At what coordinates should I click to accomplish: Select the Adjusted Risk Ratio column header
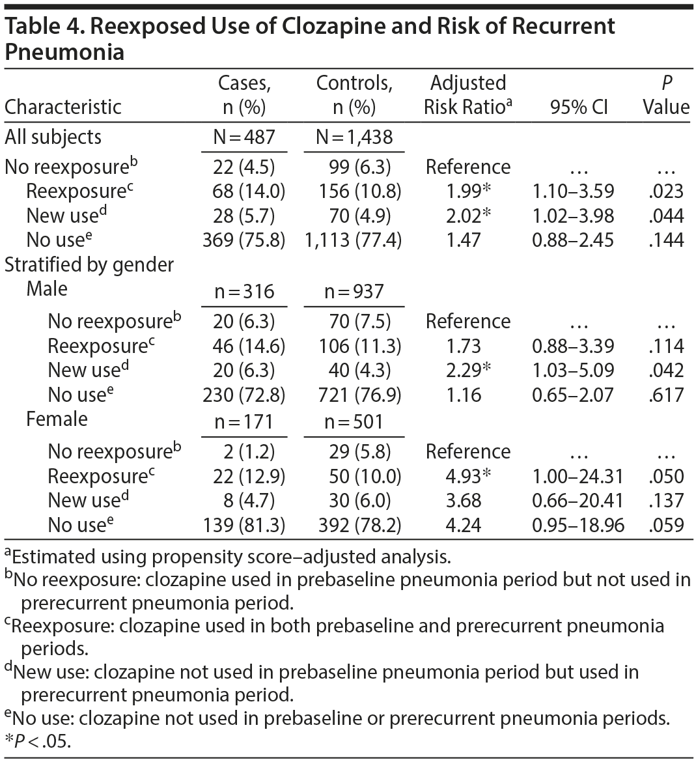pyautogui.click(x=467, y=94)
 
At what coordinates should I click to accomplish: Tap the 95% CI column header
pyautogui.click(x=578, y=107)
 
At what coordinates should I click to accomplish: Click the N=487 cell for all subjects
pyautogui.click(x=244, y=137)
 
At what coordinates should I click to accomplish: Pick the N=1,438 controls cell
pyautogui.click(x=354, y=137)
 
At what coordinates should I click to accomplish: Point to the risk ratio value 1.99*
pyautogui.click(x=467, y=191)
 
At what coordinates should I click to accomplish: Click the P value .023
pyautogui.click(x=666, y=191)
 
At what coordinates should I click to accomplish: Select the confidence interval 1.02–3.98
pyautogui.click(x=573, y=216)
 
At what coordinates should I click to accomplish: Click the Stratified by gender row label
pyautogui.click(x=89, y=264)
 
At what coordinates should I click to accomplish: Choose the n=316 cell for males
pyautogui.click(x=244, y=292)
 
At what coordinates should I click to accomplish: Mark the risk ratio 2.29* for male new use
pyautogui.click(x=467, y=370)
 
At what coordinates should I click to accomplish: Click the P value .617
pyautogui.click(x=666, y=395)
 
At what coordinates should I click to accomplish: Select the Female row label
pyautogui.click(x=57, y=419)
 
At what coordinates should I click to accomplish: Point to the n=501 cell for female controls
pyautogui.click(x=354, y=422)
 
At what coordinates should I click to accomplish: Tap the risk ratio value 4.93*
pyautogui.click(x=467, y=476)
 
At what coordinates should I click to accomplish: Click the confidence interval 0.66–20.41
pyautogui.click(x=578, y=500)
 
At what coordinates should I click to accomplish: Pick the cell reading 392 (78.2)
pyautogui.click(x=354, y=525)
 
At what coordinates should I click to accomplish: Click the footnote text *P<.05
pyautogui.click(x=37, y=742)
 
